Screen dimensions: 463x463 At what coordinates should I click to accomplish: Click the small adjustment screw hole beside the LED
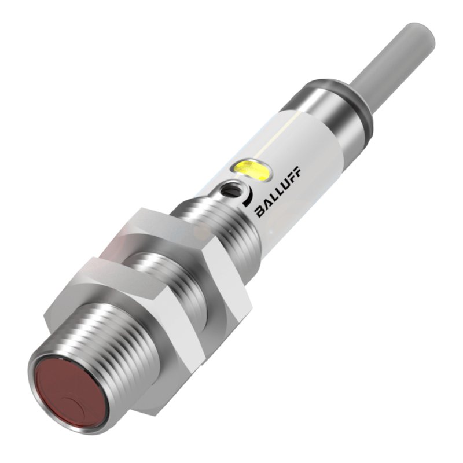point(231,189)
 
